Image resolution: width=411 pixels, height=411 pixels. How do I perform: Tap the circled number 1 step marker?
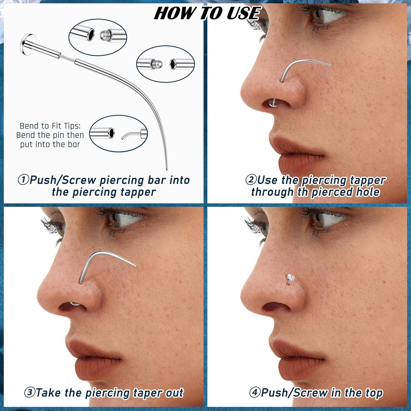coord(24,180)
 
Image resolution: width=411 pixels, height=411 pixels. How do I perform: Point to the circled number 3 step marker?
coord(29,392)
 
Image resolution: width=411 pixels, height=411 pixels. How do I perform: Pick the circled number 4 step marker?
coord(255,392)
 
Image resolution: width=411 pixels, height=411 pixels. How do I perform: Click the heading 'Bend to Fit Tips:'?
coord(50,126)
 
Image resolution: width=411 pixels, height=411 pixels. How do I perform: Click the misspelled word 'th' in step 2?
coord(302,192)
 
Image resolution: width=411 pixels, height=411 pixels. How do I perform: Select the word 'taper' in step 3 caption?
coord(144,393)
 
